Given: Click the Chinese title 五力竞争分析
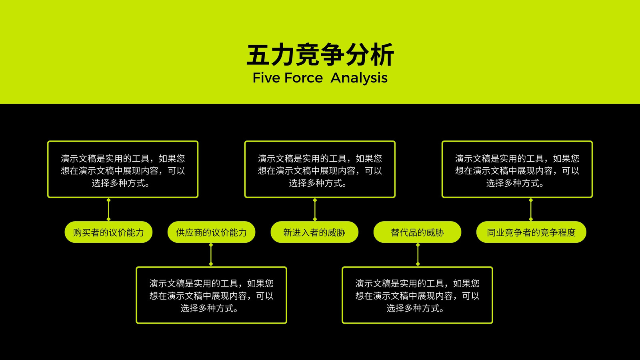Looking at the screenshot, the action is (x=320, y=54).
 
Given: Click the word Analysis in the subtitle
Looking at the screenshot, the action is (x=359, y=78).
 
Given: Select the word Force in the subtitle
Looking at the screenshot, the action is (x=304, y=78).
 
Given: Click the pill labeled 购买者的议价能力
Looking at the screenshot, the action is (x=108, y=232).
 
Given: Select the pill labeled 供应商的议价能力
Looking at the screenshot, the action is (x=212, y=232).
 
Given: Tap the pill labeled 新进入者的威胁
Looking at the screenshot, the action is (x=314, y=232).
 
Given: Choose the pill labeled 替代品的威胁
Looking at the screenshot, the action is (x=417, y=232).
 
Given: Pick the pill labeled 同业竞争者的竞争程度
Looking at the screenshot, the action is (x=531, y=232).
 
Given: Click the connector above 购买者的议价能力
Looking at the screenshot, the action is (x=108, y=210).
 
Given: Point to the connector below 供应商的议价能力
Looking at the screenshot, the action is (x=211, y=254).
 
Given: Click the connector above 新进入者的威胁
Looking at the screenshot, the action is (x=315, y=210).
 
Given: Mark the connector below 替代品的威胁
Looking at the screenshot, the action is (x=418, y=254).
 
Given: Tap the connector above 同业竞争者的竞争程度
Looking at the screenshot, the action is (x=531, y=210).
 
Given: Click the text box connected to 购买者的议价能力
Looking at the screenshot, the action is (x=123, y=169).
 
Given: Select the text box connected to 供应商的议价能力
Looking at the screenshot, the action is (x=212, y=295).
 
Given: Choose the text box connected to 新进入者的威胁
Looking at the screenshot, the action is (x=320, y=169).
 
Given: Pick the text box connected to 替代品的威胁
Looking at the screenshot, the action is (x=418, y=295).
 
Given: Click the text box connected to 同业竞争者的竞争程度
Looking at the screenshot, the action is (x=517, y=169).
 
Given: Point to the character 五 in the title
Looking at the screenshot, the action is (x=258, y=55).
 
